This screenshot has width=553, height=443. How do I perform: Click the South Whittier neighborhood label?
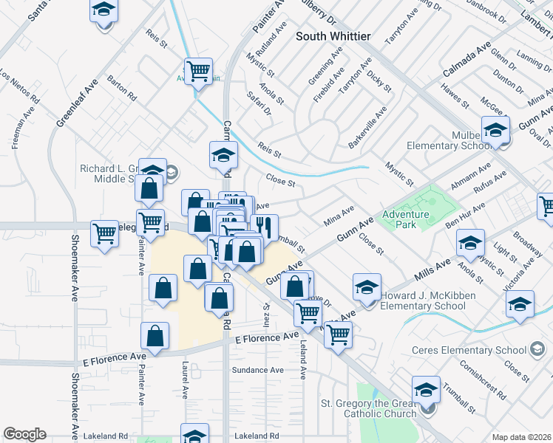[x=333, y=35]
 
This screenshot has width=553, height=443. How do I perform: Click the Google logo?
[x=24, y=434]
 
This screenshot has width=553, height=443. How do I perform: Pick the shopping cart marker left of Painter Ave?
[x=104, y=234]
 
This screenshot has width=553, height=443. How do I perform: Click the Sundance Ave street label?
[x=257, y=370]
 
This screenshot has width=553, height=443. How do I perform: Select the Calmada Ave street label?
[x=467, y=61]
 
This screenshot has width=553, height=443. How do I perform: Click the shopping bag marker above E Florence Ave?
[x=155, y=336]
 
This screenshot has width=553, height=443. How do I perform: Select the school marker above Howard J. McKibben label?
[x=367, y=288]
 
